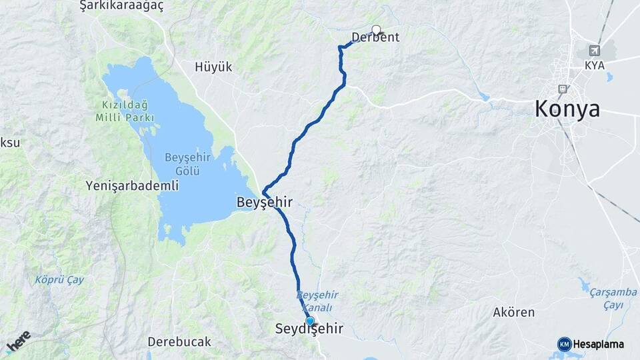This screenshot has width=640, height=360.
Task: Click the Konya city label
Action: (567, 109)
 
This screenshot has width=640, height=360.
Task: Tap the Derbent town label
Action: (375, 38)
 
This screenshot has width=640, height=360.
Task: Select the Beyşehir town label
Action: (265, 200)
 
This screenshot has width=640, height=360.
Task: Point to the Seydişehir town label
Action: (309, 329)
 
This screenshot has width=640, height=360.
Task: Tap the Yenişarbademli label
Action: (132, 186)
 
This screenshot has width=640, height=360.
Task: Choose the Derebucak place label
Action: (179, 342)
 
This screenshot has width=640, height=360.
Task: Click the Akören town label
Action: (513, 311)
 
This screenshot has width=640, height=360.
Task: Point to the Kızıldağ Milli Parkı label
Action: (125, 111)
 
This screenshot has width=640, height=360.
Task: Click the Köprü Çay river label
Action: (59, 280)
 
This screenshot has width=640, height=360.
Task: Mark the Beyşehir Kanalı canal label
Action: (317, 301)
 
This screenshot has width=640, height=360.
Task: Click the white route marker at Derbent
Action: (377, 29)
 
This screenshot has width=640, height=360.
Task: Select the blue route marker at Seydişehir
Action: (309, 321)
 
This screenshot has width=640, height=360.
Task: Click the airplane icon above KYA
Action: (594, 51)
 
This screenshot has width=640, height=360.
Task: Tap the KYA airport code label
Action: (594, 65)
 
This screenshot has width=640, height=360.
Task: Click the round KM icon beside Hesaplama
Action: (564, 344)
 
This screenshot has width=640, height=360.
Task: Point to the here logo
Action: (18, 341)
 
